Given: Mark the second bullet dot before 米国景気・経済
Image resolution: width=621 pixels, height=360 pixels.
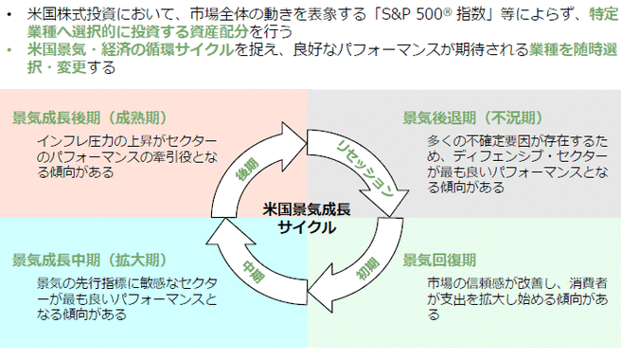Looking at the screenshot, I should tap(9, 49).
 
